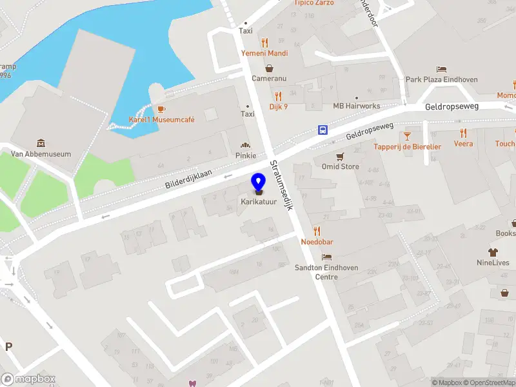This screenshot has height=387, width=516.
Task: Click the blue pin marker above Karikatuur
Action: [259, 183]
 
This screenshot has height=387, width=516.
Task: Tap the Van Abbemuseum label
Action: [41, 154]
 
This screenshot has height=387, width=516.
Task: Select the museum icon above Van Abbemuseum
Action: [41, 143]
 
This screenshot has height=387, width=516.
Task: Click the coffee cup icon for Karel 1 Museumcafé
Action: [161, 108]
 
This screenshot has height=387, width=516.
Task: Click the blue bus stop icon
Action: [322, 130]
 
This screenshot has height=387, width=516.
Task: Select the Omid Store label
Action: [340, 167]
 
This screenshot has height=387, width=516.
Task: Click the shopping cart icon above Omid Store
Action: [340, 156]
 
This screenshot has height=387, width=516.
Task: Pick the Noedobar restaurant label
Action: [317, 242]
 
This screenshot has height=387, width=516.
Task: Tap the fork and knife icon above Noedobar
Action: [317, 231]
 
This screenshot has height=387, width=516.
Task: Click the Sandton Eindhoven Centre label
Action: [317, 272]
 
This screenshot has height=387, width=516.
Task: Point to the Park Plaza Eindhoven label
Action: [442, 79]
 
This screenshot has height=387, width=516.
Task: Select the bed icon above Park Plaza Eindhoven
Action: [442, 69]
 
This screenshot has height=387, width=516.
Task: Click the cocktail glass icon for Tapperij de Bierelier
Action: [407, 135]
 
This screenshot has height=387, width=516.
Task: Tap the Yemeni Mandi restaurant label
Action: [264, 54]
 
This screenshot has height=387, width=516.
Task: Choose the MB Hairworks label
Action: [357, 106]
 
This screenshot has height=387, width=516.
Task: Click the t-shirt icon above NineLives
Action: [493, 252]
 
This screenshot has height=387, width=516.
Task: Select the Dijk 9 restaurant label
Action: [278, 106]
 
